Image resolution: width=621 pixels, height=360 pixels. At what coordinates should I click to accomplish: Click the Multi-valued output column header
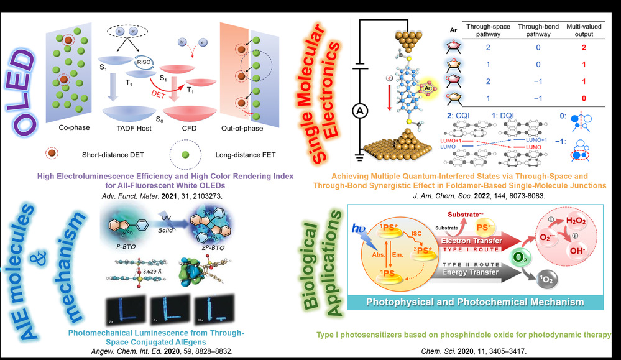pyautogui.click(x=583, y=31)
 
